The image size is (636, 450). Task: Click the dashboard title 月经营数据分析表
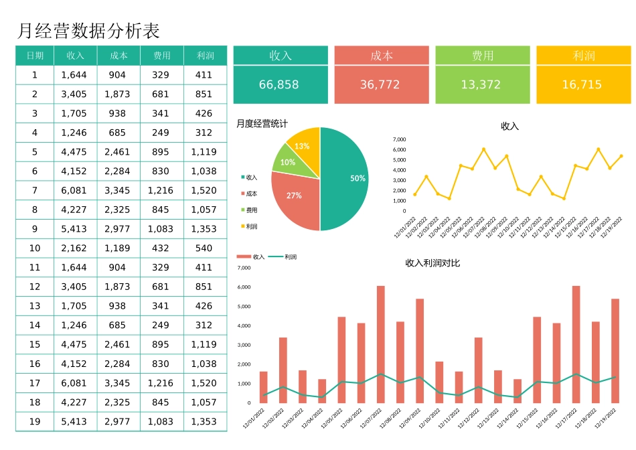(88, 31)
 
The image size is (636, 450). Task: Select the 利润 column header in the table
(205, 56)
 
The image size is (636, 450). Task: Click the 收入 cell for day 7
(74, 190)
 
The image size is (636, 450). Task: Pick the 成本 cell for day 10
(117, 248)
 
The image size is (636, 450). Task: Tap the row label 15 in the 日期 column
(35, 344)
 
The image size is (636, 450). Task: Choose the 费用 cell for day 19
(161, 422)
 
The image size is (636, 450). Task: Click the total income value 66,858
(279, 85)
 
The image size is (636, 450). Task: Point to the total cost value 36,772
(380, 85)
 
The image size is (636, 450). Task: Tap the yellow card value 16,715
(582, 85)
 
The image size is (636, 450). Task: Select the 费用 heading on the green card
(482, 56)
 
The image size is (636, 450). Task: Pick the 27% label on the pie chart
(294, 196)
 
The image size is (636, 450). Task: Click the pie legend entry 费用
(251, 210)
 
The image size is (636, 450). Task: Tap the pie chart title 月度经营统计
(262, 123)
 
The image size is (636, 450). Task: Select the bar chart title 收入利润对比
(432, 263)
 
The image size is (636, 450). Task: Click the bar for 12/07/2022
(380, 344)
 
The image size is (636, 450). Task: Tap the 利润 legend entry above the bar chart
(289, 256)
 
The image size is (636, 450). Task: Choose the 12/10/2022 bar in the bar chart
(439, 382)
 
